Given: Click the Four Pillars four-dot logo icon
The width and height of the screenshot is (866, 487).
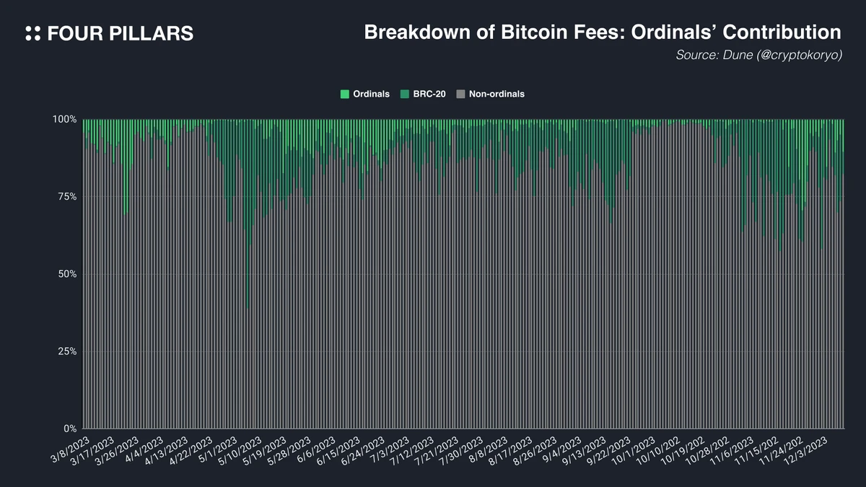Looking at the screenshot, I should [32, 33].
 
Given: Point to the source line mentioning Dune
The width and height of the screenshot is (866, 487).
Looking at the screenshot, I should [758, 55].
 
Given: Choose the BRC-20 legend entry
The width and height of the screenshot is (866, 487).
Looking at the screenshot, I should [425, 94].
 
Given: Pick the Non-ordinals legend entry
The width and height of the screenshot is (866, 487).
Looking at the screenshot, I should [491, 94].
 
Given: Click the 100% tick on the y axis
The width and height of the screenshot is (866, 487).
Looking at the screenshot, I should [65, 119].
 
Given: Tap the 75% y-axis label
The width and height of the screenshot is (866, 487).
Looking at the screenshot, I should [66, 196].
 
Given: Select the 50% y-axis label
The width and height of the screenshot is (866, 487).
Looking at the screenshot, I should [66, 274].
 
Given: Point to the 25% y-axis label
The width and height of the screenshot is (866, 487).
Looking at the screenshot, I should [66, 351].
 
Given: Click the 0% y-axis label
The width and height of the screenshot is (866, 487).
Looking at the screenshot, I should [69, 429].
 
